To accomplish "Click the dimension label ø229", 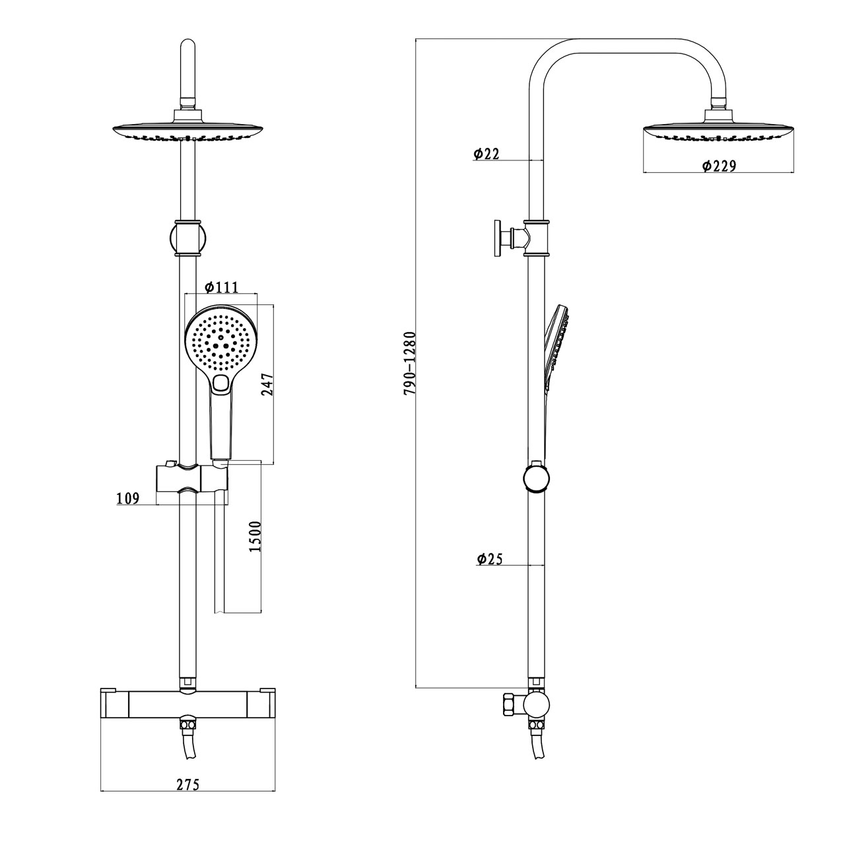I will [718, 166].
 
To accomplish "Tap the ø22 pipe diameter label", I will [486, 154].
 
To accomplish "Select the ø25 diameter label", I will [489, 558].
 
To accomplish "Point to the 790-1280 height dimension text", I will [409, 363].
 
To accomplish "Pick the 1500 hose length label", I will [257, 536].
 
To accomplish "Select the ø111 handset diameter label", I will [220, 287].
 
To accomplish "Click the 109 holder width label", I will [127, 498].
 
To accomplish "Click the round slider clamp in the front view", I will [188, 236].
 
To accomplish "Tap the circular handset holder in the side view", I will [535, 478].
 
